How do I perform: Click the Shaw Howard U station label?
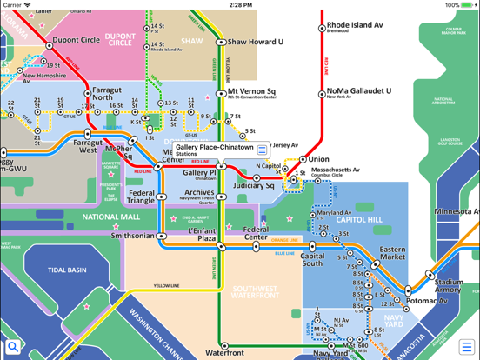click(255, 42)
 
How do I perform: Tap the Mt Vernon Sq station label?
click(252, 92)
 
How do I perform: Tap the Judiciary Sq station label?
click(253, 185)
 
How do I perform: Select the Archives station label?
click(199, 193)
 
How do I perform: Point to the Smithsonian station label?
click(133, 236)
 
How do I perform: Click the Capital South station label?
click(312, 262)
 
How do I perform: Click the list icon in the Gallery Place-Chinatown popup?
click(263, 150)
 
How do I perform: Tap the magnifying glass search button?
click(12, 348)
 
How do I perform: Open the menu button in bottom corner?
click(467, 348)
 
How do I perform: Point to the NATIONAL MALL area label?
click(111, 217)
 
